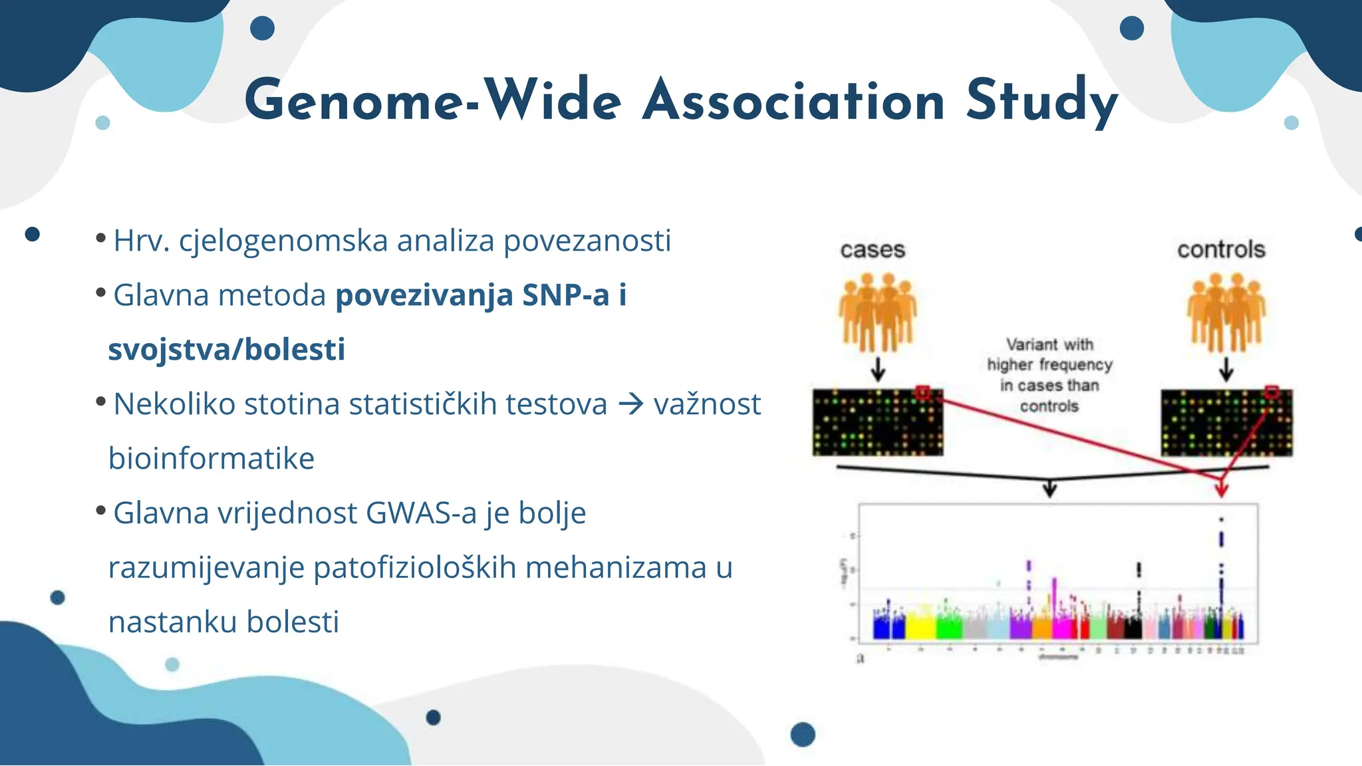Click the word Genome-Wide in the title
(432, 101)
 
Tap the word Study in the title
(1041, 101)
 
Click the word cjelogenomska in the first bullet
(283, 241)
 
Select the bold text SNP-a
(565, 295)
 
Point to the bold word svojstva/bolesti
(227, 350)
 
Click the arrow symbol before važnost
(630, 404)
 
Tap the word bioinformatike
(211, 459)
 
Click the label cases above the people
(873, 250)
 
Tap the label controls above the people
(1221, 250)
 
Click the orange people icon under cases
(877, 313)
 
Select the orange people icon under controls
(1226, 313)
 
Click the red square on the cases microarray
(922, 393)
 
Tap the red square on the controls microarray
(1271, 393)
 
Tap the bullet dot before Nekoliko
(100, 401)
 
